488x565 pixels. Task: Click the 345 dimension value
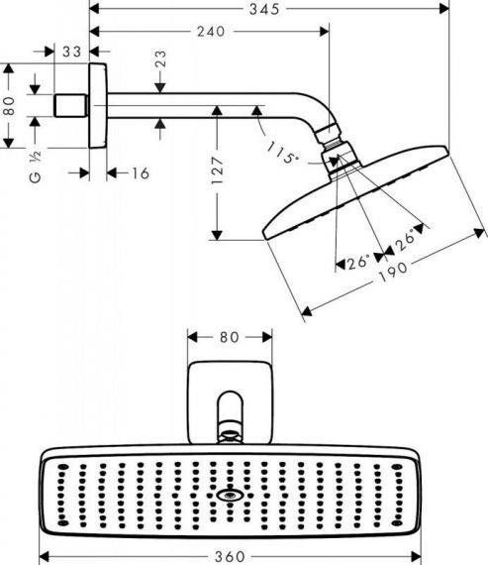click(x=264, y=9)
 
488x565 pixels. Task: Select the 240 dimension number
click(x=211, y=32)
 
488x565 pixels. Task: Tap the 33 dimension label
click(x=72, y=52)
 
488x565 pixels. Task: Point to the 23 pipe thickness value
click(x=160, y=58)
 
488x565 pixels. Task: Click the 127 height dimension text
click(x=217, y=170)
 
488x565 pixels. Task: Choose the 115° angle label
click(x=283, y=153)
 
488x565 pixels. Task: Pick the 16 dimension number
click(x=141, y=173)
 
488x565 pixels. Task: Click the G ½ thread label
click(x=36, y=168)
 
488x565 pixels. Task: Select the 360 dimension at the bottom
click(x=230, y=557)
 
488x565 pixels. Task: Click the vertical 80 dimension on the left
click(x=9, y=106)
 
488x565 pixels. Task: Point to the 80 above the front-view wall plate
click(x=230, y=338)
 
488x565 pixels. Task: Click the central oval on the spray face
click(x=230, y=496)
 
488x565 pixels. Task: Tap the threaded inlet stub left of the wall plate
click(x=70, y=106)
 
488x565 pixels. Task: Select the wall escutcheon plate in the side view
click(x=98, y=106)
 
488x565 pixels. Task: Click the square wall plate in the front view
click(x=230, y=402)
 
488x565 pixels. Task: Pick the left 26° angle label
click(x=358, y=262)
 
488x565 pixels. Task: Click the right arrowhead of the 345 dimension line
click(x=444, y=9)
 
